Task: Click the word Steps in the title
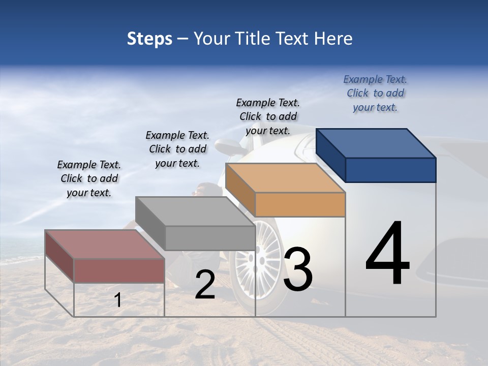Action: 149,39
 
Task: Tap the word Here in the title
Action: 333,39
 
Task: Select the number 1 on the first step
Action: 118,300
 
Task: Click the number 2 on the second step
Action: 205,285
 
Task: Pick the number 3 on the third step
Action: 297,270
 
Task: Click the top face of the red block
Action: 104,245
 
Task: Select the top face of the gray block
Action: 195,211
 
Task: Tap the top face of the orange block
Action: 285,178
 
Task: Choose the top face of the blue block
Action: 375,143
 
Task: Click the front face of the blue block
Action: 390,170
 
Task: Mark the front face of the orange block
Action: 300,205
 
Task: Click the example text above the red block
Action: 89,179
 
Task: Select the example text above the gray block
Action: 177,149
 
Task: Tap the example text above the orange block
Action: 268,116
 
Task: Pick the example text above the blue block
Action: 375,93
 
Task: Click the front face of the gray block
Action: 210,238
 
